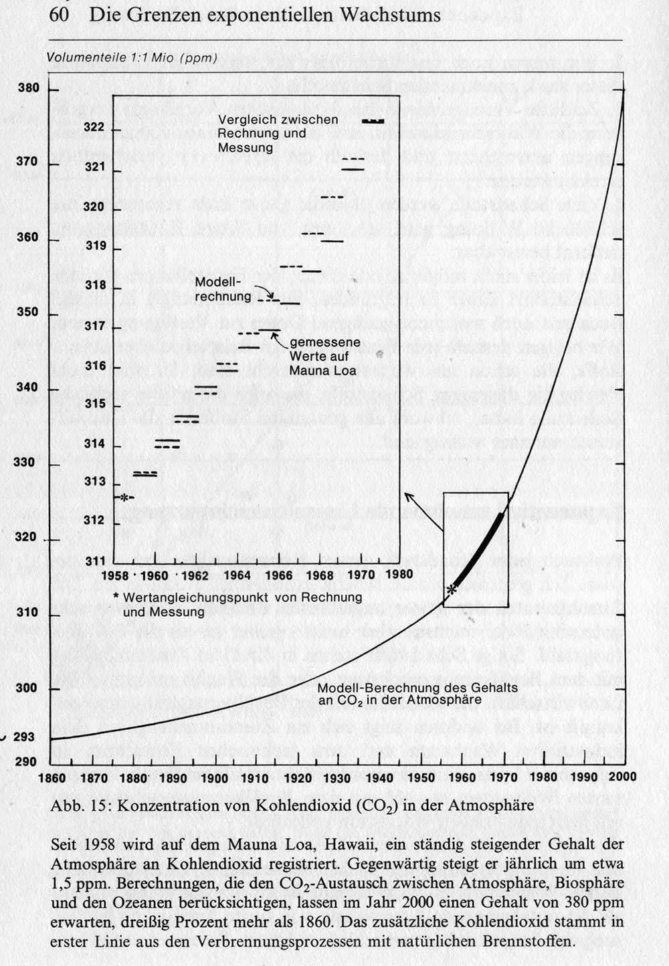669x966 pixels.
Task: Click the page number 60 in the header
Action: tap(59, 15)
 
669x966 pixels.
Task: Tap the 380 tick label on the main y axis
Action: tap(29, 88)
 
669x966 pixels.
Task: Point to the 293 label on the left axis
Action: tap(24, 737)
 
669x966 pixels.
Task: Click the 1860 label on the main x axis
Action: tap(52, 778)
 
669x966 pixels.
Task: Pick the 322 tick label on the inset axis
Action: tap(94, 127)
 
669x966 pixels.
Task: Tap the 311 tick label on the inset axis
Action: tap(94, 561)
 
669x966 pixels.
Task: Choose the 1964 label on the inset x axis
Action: tap(237, 575)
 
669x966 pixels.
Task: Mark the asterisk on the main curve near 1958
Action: tap(452, 589)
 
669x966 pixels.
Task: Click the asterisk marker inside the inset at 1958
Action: tap(123, 497)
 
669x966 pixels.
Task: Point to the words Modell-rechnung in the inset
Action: tap(223, 288)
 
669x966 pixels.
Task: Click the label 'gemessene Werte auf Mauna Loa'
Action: tap(324, 356)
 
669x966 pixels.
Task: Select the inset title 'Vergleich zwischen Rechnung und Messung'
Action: tap(278, 133)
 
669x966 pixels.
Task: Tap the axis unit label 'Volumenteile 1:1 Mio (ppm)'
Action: tap(132, 58)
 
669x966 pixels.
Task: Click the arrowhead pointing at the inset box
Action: tap(407, 496)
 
